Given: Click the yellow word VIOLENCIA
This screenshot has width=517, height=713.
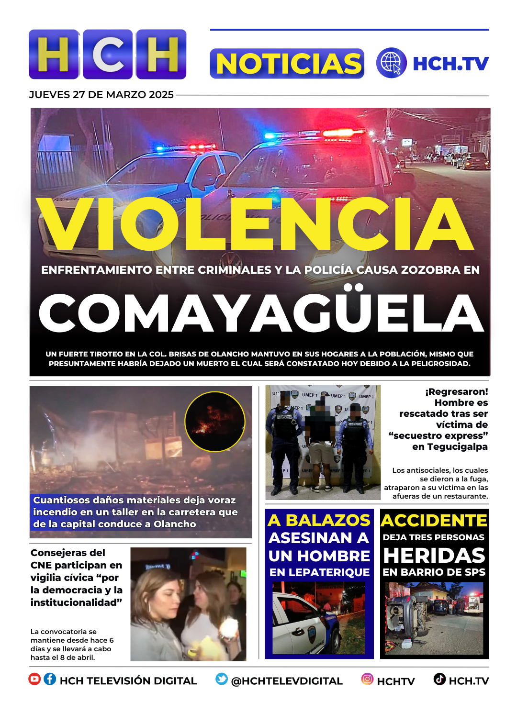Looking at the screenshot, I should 256,223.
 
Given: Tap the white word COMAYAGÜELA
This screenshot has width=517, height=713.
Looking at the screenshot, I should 261,313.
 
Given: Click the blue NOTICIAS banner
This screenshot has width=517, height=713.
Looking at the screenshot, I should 287,64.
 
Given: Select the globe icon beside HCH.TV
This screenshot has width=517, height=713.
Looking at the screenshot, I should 391,63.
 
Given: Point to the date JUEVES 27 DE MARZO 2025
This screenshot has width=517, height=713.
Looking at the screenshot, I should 101,95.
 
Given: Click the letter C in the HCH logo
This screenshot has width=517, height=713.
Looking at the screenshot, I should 108,55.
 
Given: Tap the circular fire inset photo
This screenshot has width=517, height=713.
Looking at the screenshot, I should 214,422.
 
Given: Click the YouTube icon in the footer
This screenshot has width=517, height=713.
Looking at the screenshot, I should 34,679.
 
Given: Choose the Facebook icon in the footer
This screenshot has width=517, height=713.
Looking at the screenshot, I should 50,679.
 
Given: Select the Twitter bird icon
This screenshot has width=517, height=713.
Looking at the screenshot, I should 222,679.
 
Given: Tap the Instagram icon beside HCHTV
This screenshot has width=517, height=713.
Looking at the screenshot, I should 367,679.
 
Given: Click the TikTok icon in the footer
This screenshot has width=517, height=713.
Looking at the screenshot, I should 439,679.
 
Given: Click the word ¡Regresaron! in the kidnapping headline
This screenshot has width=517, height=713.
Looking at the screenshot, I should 456,392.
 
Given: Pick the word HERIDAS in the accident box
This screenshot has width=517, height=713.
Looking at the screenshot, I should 434,556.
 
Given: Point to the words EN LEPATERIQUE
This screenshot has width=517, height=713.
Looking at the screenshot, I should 319,572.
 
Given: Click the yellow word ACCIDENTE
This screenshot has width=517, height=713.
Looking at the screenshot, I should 434,521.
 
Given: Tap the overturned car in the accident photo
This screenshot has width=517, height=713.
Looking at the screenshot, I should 407,618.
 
